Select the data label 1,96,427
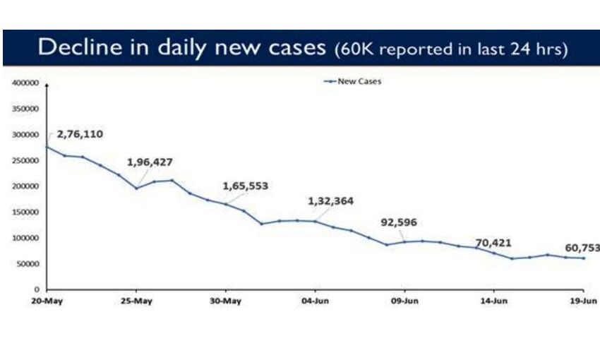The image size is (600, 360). pyautogui.click(x=150, y=162)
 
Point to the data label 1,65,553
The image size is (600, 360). pyautogui.click(x=245, y=186)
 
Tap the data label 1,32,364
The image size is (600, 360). pyautogui.click(x=330, y=200)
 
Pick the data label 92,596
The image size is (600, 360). pyautogui.click(x=399, y=222)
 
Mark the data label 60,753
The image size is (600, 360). pyautogui.click(x=582, y=248)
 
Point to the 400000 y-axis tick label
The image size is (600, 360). pyautogui.click(x=25, y=83)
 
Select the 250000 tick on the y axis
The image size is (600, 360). pyautogui.click(x=25, y=160)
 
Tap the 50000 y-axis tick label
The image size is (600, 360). pyautogui.click(x=27, y=264)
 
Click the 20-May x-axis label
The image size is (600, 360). pyautogui.click(x=47, y=301)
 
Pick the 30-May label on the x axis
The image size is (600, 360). pyautogui.click(x=226, y=301)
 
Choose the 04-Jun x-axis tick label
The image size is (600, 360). pyautogui.click(x=315, y=301)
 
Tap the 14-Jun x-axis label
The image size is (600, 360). pyautogui.click(x=493, y=301)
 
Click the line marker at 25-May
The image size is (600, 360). pyautogui.click(x=136, y=188)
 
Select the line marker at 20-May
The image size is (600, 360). pyautogui.click(x=47, y=147)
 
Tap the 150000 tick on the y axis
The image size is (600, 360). pyautogui.click(x=25, y=212)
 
